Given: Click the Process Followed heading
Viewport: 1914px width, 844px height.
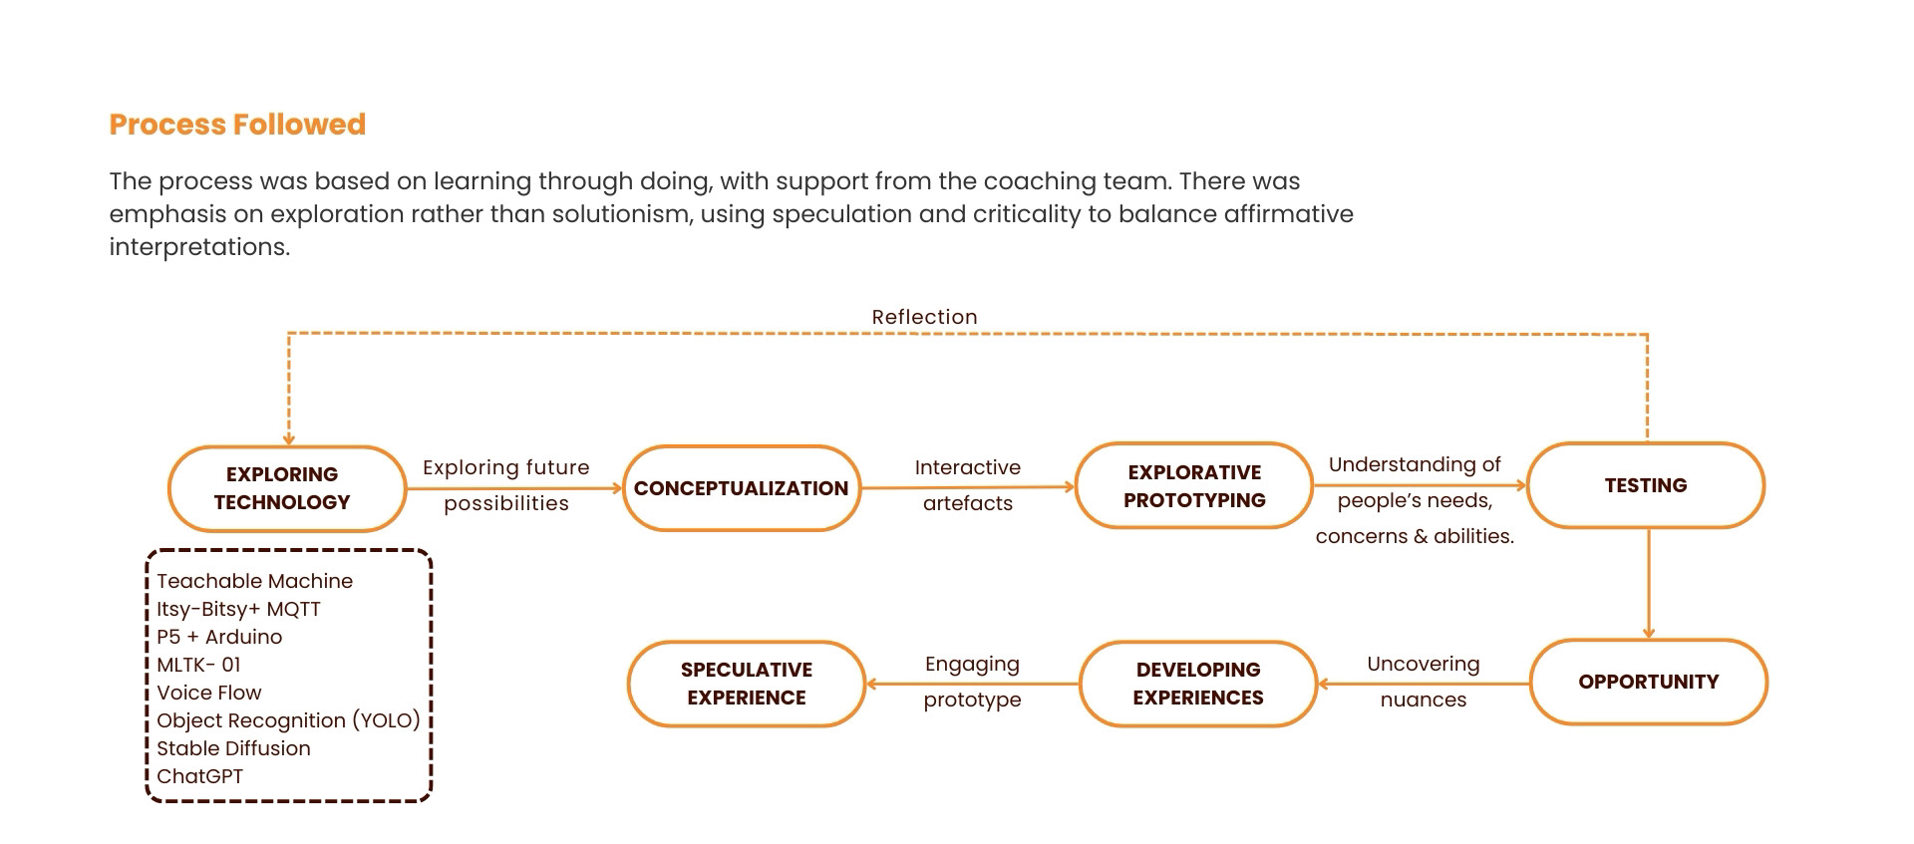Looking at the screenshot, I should point(237,125).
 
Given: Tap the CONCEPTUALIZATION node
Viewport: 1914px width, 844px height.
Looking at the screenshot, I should point(741,488).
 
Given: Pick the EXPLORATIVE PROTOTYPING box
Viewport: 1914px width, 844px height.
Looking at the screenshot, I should point(1193,486).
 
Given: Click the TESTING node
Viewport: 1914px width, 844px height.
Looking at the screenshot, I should point(1645,485).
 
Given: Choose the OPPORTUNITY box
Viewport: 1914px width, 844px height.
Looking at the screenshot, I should point(1648,682).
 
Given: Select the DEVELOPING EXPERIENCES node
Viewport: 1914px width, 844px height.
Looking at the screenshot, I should point(1197,684).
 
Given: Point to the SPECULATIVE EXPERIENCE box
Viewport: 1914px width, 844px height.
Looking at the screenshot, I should point(746,684).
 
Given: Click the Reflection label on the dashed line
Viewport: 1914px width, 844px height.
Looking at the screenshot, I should point(924,317).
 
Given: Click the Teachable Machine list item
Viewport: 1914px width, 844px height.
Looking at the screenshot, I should point(254,581).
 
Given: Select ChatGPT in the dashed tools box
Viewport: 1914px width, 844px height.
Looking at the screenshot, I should point(199,776).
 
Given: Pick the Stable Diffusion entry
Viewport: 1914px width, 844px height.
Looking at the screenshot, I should point(233,748).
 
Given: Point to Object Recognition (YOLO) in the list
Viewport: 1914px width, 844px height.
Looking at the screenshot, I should point(288,720).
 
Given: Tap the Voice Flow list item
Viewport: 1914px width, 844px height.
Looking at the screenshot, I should point(208,693).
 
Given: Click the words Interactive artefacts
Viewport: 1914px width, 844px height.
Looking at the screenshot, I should point(967,485).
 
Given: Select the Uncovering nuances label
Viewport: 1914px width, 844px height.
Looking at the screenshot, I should point(1423,682).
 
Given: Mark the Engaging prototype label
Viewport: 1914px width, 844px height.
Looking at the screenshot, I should point(972,682).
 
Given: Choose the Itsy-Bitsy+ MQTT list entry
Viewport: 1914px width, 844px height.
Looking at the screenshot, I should point(238,609).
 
